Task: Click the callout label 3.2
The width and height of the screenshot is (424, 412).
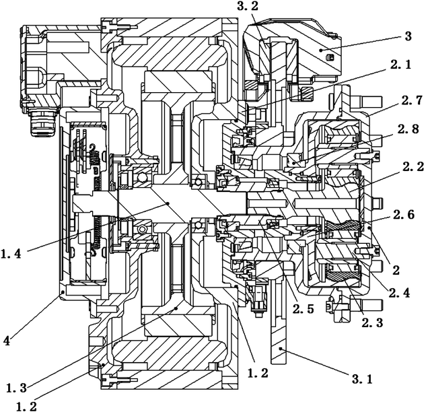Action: (248, 6)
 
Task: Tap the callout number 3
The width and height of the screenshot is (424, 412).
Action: (408, 36)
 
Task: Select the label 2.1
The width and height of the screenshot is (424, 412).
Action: (400, 65)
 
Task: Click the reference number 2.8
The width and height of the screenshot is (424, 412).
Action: (408, 129)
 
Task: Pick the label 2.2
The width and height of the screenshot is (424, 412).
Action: (413, 167)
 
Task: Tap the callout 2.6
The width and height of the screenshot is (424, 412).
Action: (404, 215)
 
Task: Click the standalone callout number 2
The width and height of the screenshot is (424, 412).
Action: (396, 270)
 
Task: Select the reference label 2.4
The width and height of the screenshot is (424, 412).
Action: (399, 292)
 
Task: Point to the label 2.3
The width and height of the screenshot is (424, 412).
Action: (372, 322)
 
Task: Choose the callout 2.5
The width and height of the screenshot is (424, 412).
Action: (303, 308)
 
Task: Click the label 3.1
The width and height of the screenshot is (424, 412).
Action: (362, 379)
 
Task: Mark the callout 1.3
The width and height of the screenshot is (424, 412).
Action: (16, 388)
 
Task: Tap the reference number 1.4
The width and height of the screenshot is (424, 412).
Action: (11, 254)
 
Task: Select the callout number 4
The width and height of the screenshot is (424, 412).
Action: (7, 341)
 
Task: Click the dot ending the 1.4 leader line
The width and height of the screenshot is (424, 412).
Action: (168, 203)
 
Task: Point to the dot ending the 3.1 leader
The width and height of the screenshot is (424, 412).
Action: (281, 349)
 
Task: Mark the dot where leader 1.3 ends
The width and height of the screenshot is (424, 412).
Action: (176, 308)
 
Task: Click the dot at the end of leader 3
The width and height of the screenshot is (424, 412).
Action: (321, 50)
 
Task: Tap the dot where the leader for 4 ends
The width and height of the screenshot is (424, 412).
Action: (63, 292)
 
